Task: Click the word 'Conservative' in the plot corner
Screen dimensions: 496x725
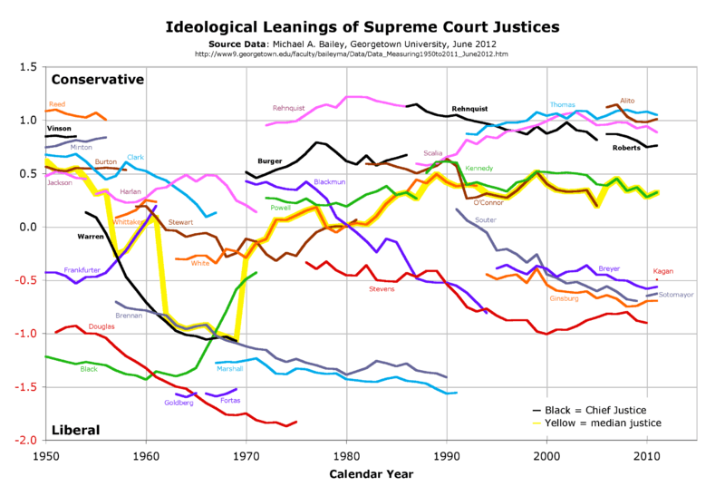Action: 98,80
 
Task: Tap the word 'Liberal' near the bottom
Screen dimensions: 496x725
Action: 75,429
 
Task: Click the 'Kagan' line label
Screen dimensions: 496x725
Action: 663,271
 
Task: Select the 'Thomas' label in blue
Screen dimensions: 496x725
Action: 563,105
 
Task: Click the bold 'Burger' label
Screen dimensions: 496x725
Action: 270,160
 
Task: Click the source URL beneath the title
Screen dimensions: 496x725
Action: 362,53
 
